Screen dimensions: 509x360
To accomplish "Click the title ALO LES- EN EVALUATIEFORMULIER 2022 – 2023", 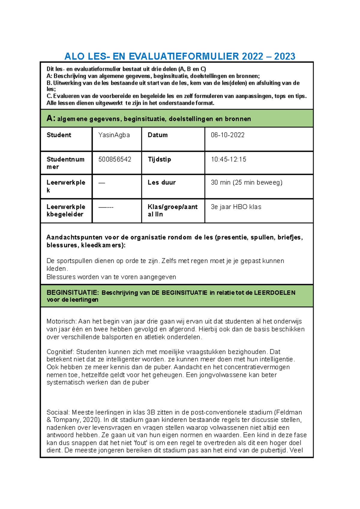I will [x=180, y=56].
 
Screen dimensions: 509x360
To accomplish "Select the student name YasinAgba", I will [x=114, y=135].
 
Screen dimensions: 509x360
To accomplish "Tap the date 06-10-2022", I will [x=227, y=135].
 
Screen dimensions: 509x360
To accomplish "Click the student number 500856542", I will [x=115, y=159].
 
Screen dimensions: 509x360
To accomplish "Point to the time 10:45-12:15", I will [x=228, y=159].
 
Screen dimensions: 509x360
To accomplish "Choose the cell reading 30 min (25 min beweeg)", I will [x=246, y=182].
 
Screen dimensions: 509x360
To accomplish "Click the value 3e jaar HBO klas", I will [x=236, y=207].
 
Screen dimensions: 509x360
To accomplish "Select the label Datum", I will [x=157, y=135].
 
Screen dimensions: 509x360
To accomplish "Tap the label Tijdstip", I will [x=159, y=159].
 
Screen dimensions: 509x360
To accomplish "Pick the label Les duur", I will [x=161, y=182].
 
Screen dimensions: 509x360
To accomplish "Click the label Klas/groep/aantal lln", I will [x=172, y=210].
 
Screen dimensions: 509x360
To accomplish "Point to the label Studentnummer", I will [x=65, y=163].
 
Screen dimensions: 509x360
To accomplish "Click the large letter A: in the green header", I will [x=51, y=118].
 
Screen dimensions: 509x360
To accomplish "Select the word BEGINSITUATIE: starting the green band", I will [x=72, y=293].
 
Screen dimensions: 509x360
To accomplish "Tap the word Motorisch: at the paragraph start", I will [x=61, y=321].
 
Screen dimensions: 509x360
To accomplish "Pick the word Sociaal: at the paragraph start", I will [x=58, y=412].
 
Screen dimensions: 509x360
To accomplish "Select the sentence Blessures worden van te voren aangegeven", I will [x=111, y=277].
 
